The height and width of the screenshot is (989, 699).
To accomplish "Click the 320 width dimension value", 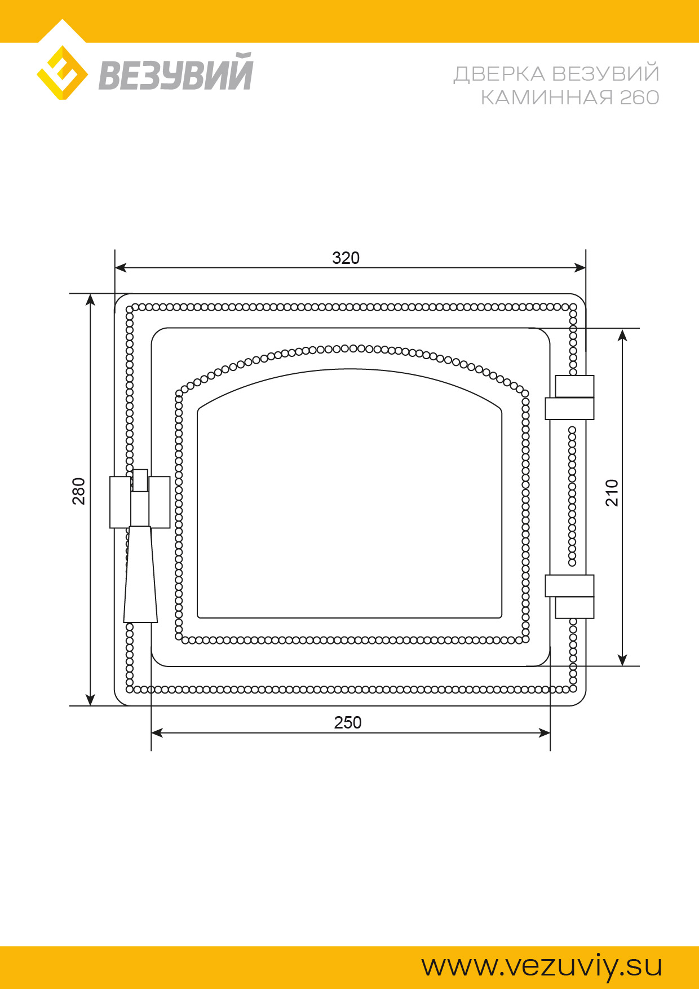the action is pos(346,258).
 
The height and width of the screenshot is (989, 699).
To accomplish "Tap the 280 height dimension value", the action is pos(79,491).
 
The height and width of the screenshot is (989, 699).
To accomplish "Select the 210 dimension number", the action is pos(612,493).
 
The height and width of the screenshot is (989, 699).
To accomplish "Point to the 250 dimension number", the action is pos(348,722).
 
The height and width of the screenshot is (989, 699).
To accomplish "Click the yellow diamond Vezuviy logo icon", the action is pos(62,73).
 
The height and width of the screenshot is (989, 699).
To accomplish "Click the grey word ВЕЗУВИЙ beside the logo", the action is pos(176,72).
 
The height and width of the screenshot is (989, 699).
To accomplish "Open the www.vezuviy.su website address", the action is pos(542,966).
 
